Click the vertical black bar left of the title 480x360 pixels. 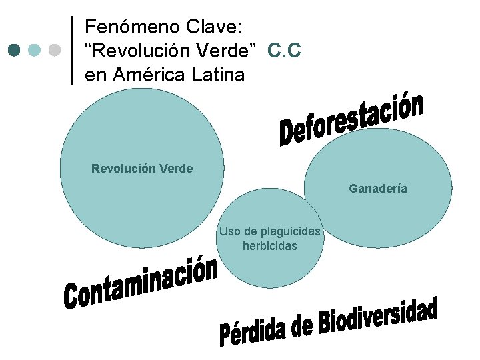(72, 50)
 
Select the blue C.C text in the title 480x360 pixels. (285, 51)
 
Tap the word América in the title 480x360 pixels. (145, 75)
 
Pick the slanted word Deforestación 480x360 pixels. (351, 119)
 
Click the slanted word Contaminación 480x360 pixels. (141, 284)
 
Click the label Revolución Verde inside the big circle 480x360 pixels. (142, 169)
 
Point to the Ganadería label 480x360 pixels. (378, 189)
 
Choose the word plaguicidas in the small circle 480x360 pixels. (291, 231)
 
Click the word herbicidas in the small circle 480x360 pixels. (270, 246)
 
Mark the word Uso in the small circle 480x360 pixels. (229, 231)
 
